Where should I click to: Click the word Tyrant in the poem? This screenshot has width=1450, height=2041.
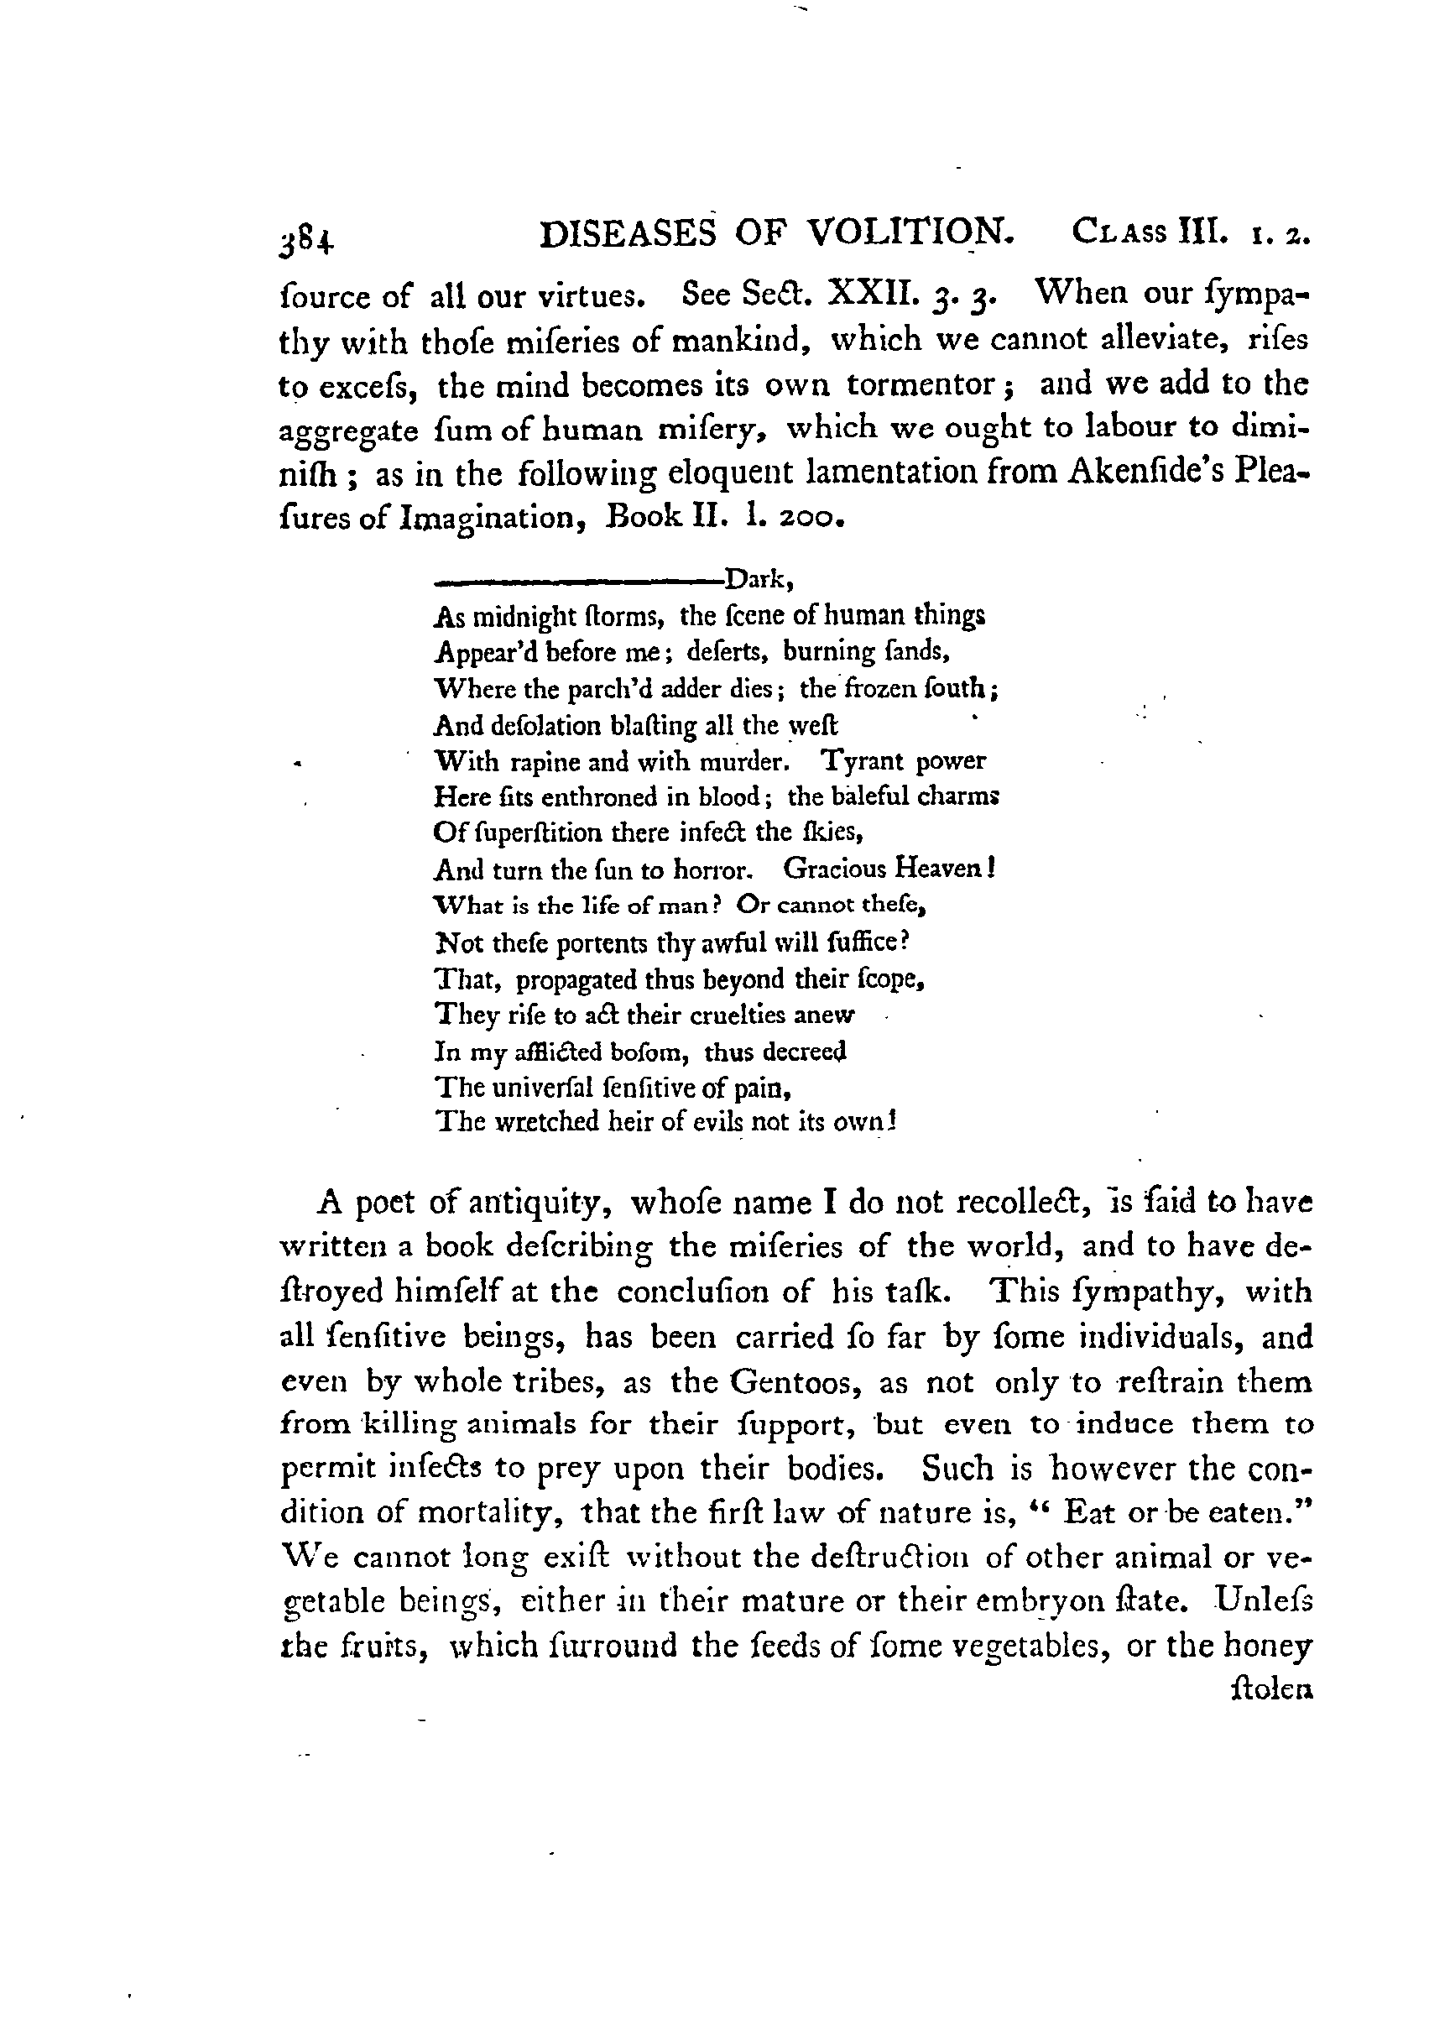pyautogui.click(x=863, y=760)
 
